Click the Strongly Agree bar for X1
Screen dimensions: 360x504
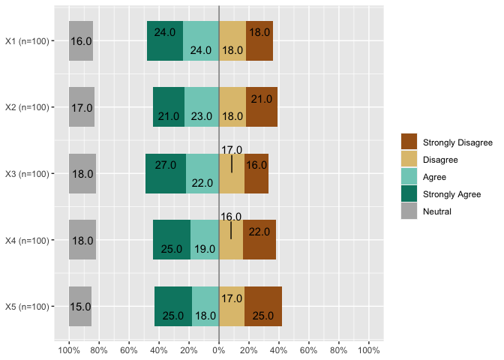pos(165,40)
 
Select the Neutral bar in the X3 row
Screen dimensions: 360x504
pos(82,173)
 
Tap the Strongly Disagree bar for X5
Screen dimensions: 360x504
pos(263,306)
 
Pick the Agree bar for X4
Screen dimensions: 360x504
pos(205,240)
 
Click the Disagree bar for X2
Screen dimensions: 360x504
pos(232,107)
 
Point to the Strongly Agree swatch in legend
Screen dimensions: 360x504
pos(409,194)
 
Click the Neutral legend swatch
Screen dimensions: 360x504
pos(409,211)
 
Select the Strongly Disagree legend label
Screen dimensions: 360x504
pos(457,142)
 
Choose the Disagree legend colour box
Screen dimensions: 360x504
pos(409,160)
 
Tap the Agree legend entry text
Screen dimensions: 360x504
pos(434,177)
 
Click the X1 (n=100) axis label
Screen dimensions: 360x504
pos(27,40)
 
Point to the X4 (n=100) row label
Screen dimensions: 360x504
pos(27,240)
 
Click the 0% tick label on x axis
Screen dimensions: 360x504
pos(219,349)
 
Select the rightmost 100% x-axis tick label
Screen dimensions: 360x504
pos(369,349)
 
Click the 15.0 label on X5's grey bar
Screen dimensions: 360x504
pos(80,307)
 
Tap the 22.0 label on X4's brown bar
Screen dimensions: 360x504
pos(259,232)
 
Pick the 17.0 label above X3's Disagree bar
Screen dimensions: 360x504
pos(232,150)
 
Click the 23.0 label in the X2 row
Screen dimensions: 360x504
pos(202,116)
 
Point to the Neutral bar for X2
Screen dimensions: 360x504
pos(82,107)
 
